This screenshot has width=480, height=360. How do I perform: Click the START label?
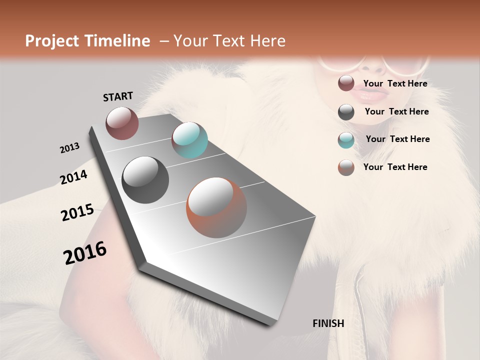click(118, 96)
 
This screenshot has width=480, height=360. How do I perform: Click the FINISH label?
click(328, 323)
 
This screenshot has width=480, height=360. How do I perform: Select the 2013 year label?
click(69, 148)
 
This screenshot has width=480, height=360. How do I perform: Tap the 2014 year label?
click(73, 177)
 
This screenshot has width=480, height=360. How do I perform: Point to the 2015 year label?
click(77, 212)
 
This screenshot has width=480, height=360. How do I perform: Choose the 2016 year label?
click(85, 252)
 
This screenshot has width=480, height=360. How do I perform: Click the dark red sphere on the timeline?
click(122, 123)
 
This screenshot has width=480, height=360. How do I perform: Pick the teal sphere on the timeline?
click(189, 140)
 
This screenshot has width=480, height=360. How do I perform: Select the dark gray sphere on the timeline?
click(145, 179)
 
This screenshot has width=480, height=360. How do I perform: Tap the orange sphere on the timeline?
click(216, 207)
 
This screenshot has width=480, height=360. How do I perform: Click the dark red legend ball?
click(346, 83)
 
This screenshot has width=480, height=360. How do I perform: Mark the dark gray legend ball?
click(346, 111)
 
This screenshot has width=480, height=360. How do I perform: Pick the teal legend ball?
click(346, 139)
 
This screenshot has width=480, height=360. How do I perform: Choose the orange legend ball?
click(346, 167)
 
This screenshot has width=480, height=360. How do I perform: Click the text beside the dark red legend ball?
click(395, 83)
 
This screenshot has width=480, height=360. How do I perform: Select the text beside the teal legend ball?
click(397, 139)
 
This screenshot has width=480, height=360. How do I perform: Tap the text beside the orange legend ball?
click(395, 167)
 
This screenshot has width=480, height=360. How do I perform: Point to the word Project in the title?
click(52, 41)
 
